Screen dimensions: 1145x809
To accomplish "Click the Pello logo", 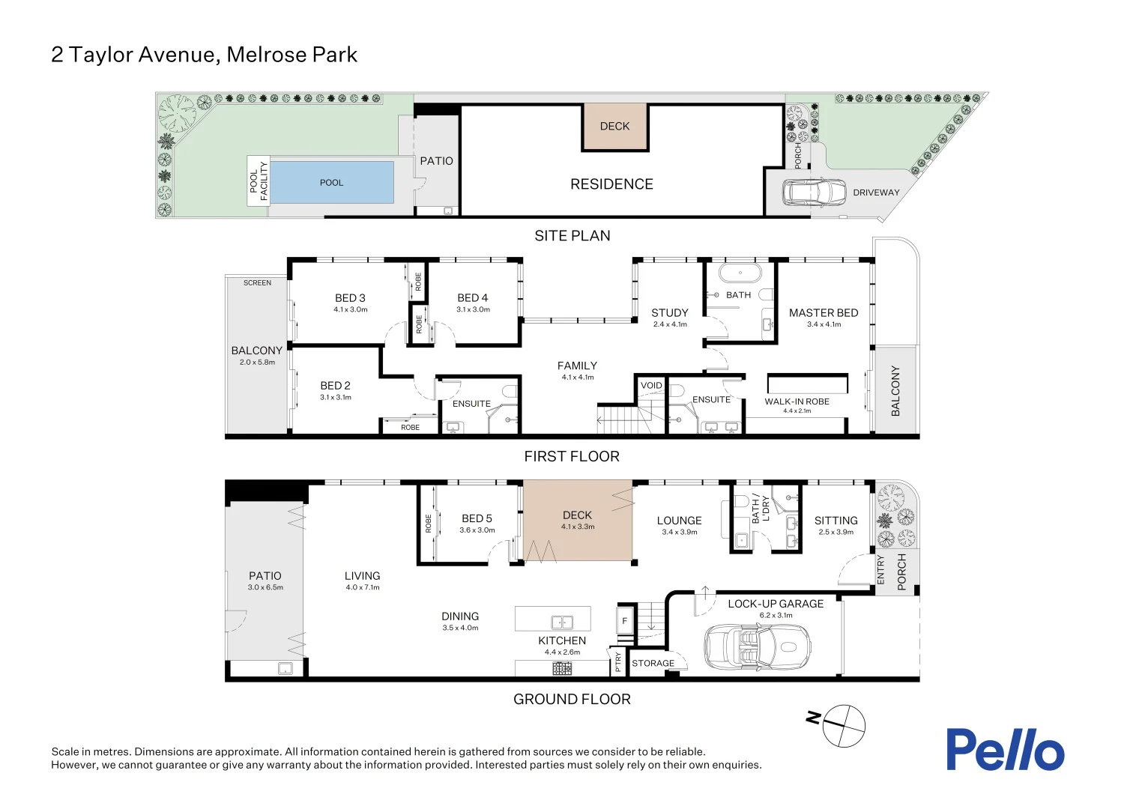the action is (x=1006, y=749).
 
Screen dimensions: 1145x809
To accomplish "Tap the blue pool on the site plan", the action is (x=332, y=183).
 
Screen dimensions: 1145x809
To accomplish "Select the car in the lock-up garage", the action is (x=758, y=647).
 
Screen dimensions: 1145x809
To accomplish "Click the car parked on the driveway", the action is (x=814, y=193).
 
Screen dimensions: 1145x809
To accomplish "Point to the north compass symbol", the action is (x=844, y=726).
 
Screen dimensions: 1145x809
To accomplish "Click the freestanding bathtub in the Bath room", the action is (x=740, y=273).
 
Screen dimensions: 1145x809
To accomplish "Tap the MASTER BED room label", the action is (x=824, y=313).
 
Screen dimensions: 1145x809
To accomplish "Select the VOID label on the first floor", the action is (x=651, y=385).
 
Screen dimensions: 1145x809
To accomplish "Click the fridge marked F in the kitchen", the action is (x=625, y=620).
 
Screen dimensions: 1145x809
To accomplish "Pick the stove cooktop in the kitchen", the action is (x=562, y=668).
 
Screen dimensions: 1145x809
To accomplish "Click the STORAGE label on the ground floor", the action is (x=653, y=664).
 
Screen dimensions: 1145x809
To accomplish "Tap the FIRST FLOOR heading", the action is (x=572, y=456).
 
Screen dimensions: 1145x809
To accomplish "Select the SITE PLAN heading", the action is (x=572, y=236).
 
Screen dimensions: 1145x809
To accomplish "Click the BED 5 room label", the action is (x=477, y=518).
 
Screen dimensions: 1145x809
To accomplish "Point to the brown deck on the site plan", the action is (x=615, y=127).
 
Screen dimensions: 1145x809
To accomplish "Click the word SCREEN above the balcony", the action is (x=257, y=282).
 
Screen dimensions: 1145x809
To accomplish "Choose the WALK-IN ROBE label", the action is (x=797, y=402).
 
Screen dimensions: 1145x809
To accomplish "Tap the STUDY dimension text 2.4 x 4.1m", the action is (x=670, y=324).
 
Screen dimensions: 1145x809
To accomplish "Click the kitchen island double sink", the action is (x=562, y=622).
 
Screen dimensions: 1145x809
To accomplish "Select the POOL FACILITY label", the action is (x=259, y=181).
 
